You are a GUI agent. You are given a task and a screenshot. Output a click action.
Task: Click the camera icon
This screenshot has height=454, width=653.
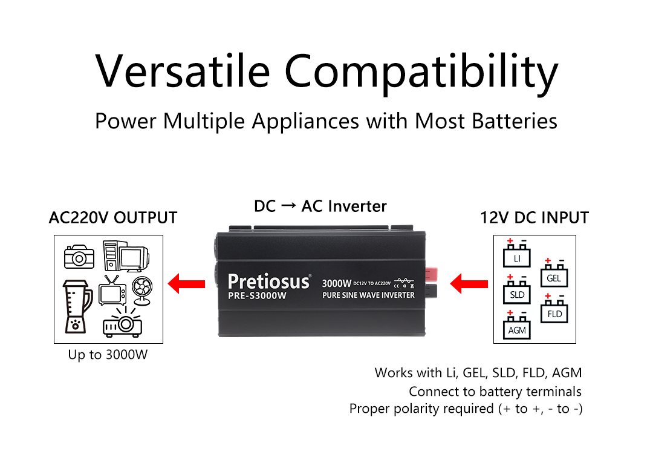79,257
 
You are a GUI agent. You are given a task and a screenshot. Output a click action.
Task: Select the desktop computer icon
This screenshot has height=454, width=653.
126,256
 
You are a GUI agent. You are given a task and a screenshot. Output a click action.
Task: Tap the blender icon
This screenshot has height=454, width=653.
77,306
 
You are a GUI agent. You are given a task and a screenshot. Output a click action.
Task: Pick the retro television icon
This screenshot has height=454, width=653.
112,290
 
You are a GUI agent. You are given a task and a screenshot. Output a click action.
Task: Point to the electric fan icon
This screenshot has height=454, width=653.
142,291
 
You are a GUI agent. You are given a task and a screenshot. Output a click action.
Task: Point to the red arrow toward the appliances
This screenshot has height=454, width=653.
186,284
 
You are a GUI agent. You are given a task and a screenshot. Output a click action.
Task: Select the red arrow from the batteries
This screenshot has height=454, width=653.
469,284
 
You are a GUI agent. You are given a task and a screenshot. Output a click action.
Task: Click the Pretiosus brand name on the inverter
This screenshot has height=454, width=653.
269,281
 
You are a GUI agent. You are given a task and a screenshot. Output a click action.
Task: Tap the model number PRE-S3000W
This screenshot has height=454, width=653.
258,295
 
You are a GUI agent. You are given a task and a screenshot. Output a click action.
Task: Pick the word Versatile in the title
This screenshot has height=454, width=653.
183,71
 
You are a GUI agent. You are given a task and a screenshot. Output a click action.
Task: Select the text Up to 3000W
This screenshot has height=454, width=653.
108,355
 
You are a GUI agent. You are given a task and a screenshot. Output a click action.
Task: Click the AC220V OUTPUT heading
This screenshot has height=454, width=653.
113,218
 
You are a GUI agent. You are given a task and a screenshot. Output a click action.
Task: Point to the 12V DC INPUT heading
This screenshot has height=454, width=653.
534,218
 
